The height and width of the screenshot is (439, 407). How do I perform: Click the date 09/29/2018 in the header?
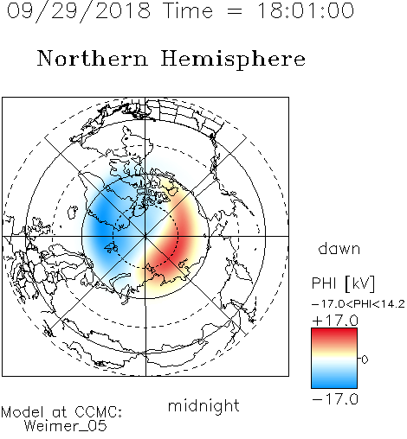pyautogui.click(x=79, y=11)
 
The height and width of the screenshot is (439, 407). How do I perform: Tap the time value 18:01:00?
pyautogui.click(x=306, y=10)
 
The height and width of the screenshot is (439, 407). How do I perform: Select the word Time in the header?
pyautogui.click(x=188, y=10)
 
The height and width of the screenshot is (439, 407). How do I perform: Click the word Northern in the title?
pyautogui.click(x=93, y=58)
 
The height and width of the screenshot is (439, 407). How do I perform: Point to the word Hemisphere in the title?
pyautogui.click(x=233, y=60)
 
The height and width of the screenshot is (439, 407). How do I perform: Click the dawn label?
pyautogui.click(x=339, y=248)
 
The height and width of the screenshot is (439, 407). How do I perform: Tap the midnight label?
pyautogui.click(x=203, y=405)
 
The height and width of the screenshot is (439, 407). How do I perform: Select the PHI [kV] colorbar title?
pyautogui.click(x=343, y=283)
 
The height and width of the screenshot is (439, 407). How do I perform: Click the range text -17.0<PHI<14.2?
pyautogui.click(x=359, y=304)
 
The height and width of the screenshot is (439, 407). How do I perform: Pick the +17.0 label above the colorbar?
pyautogui.click(x=335, y=321)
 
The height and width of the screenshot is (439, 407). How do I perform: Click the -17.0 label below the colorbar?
pyautogui.click(x=335, y=399)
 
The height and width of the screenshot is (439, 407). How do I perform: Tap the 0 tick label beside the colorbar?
pyautogui.click(x=365, y=359)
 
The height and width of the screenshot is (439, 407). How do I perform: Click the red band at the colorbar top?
pyautogui.click(x=334, y=334)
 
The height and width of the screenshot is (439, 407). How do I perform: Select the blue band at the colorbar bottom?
pyautogui.click(x=334, y=381)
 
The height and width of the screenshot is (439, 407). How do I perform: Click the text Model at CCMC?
pyautogui.click(x=61, y=412)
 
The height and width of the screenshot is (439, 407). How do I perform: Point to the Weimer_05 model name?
pyautogui.click(x=66, y=426)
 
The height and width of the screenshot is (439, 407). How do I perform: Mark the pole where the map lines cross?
pyautogui.click(x=145, y=236)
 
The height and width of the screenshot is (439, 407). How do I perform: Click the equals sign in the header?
pyautogui.click(x=235, y=11)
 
